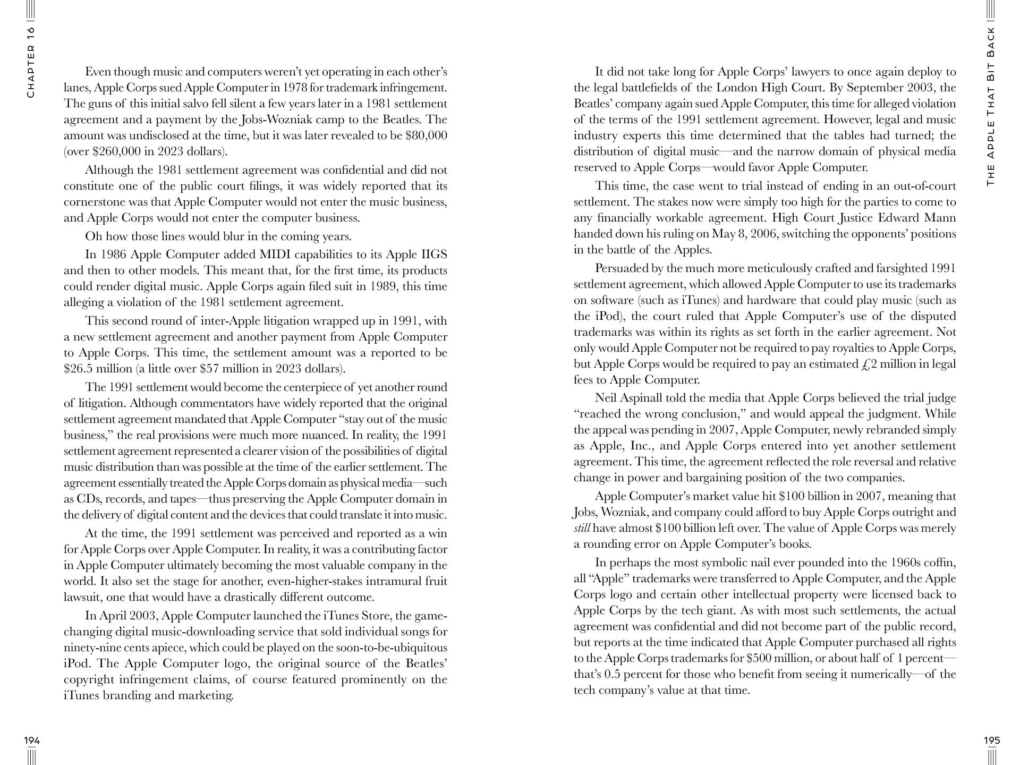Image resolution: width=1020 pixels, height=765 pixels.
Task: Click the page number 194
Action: pyautogui.click(x=32, y=741)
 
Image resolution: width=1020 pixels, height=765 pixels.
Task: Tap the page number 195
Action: pyautogui.click(x=992, y=741)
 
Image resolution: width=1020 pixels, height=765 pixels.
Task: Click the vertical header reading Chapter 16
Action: pyautogui.click(x=31, y=62)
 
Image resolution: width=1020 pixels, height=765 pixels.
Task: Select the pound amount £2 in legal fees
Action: pyautogui.click(x=869, y=364)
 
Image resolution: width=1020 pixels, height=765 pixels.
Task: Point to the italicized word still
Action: pyautogui.click(x=582, y=528)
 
